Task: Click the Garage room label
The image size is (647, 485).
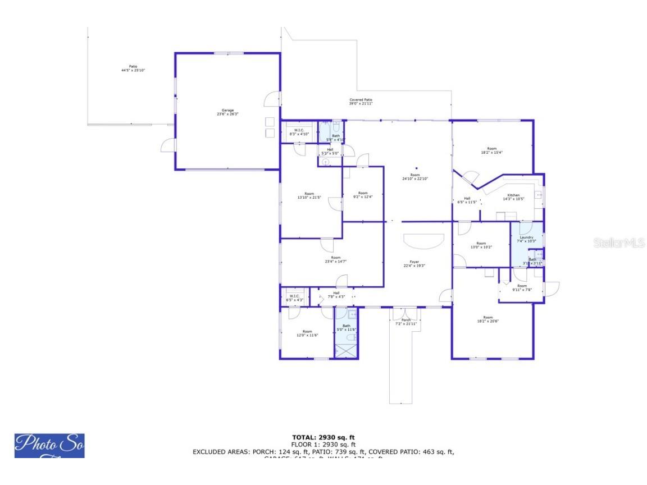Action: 227,112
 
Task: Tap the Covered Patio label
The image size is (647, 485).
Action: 361,102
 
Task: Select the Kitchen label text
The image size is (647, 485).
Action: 513,197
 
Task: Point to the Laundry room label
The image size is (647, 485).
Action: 526,239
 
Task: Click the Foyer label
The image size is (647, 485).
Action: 414,264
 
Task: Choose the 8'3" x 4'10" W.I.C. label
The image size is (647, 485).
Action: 299,132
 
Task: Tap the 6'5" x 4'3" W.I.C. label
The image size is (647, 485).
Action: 295,298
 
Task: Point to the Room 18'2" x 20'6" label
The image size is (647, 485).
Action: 488,319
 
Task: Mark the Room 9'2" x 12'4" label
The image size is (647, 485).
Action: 363,195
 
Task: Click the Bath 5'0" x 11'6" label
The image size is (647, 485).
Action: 347,328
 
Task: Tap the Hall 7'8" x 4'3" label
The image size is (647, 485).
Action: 336,295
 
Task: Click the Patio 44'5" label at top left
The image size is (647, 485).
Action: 133,68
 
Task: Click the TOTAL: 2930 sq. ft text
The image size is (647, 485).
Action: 323,437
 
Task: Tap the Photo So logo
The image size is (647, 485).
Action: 49,446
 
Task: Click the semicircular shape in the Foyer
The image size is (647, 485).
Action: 424,240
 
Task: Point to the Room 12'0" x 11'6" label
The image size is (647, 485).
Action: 307,333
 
